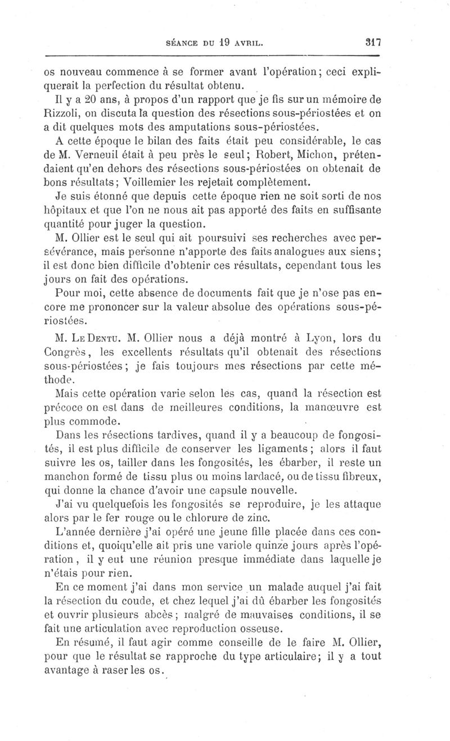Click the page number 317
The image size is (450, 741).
pos(373,42)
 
